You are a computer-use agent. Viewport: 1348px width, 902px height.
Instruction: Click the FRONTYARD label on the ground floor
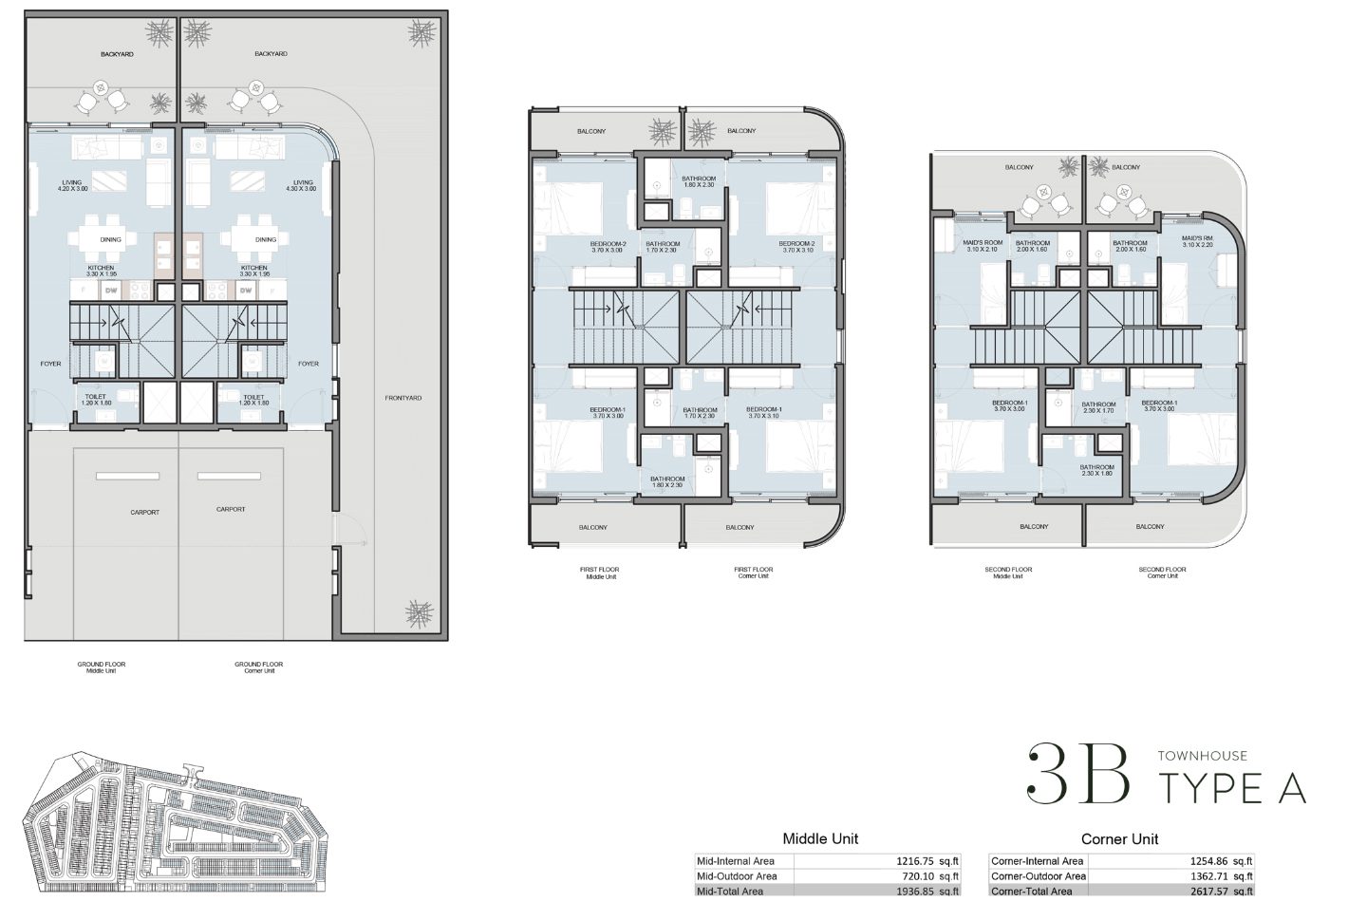[x=403, y=398]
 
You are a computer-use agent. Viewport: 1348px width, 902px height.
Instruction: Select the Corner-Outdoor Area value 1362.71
[x=1212, y=876]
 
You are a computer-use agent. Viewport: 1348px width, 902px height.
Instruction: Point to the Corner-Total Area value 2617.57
[x=1212, y=892]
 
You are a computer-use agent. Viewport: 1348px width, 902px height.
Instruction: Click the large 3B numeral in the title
[x=1079, y=774]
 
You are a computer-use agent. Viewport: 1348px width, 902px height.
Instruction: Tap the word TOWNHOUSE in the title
[x=1202, y=756]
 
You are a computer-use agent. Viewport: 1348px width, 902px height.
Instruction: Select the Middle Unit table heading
[x=820, y=838]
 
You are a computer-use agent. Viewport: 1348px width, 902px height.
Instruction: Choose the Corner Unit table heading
[x=1119, y=838]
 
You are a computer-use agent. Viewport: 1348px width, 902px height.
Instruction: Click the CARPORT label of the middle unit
[x=144, y=513]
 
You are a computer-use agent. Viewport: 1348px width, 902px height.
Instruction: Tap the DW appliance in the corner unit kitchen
[x=246, y=290]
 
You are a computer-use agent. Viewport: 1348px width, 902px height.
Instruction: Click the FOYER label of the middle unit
[x=50, y=364]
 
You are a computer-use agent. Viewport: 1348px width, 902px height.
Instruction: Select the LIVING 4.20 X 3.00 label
[x=72, y=185]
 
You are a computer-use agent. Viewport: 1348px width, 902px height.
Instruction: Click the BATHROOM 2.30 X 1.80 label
[x=1096, y=470]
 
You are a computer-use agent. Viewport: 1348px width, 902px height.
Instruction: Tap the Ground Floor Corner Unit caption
[x=258, y=667]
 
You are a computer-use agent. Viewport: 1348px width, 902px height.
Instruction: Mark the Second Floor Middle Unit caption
[x=1008, y=573]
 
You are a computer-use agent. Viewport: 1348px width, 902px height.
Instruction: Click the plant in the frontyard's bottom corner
[x=418, y=612]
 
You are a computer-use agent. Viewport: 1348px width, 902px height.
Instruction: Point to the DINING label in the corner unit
[x=266, y=239]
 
